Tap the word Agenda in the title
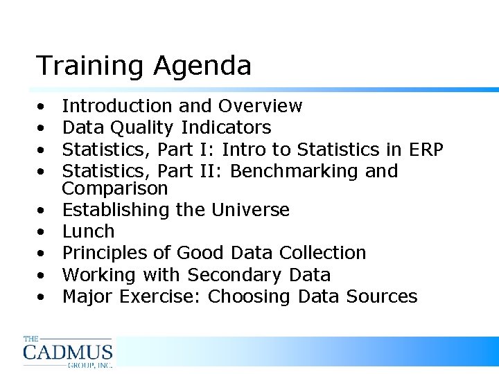click(202, 66)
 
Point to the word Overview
click(260, 106)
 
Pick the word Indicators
click(226, 128)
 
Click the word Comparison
click(115, 189)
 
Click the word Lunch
click(88, 231)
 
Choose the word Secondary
click(231, 275)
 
